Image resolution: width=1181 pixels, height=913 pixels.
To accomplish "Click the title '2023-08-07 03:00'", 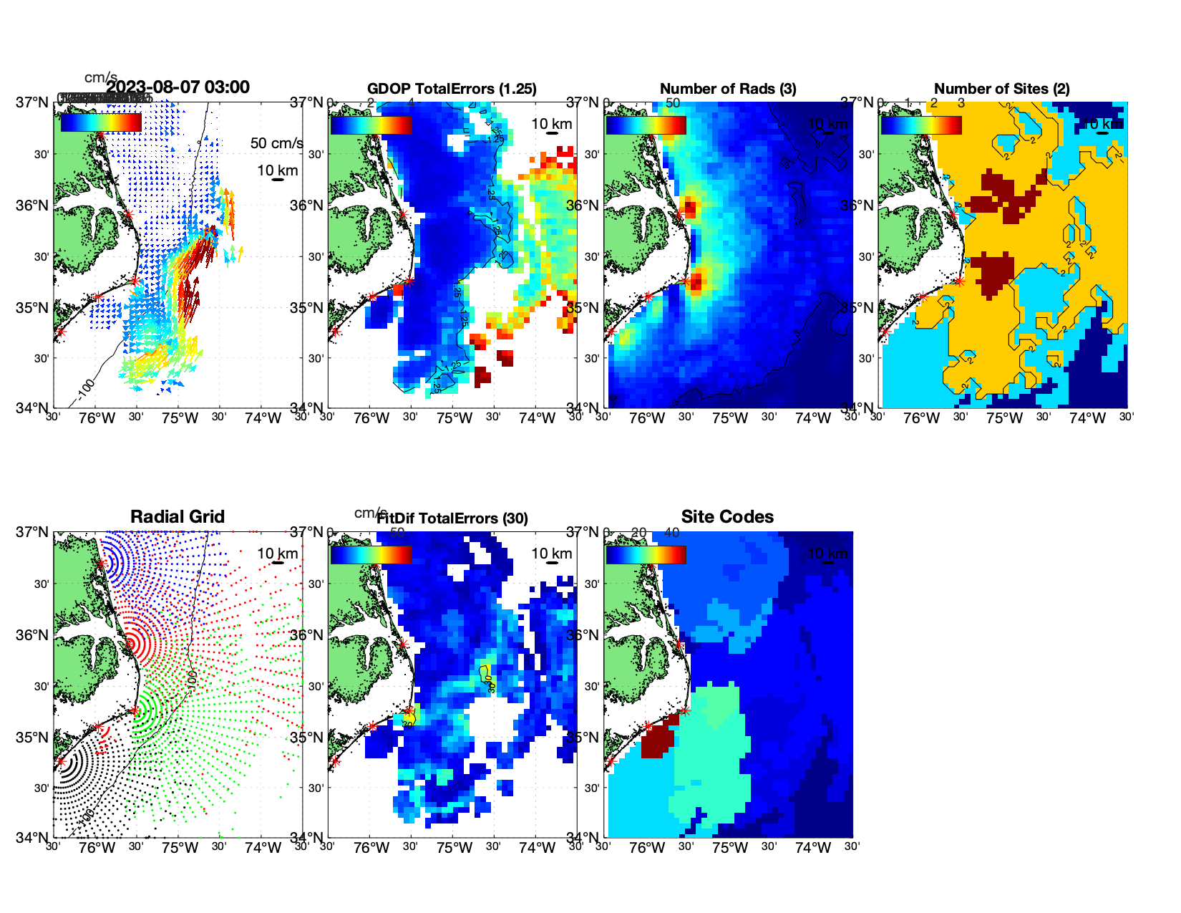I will click(178, 87).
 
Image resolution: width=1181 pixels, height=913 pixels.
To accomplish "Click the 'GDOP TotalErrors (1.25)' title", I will click(452, 89).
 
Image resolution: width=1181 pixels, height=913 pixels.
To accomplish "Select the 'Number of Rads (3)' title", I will click(727, 89).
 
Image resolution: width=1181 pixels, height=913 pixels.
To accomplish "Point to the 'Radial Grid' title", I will click(178, 517).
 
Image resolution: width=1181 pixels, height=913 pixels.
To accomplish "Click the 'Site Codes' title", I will click(727, 517).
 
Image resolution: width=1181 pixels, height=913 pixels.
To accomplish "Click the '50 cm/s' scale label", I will click(276, 143).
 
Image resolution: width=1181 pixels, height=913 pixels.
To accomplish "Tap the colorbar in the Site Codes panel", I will click(646, 554).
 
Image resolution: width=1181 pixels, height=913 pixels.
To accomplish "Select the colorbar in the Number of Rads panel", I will click(646, 125).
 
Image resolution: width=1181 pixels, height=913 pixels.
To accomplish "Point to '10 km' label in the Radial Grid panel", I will click(277, 554).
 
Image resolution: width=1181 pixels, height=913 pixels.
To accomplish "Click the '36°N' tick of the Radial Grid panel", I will click(32, 635).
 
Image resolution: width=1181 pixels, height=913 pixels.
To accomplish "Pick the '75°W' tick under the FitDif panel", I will click(455, 848).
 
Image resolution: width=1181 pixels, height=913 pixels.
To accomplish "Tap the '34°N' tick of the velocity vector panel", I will click(32, 408).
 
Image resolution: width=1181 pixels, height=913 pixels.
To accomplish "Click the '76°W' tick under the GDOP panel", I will click(371, 418).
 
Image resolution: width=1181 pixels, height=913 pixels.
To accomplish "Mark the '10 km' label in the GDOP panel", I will click(551, 124).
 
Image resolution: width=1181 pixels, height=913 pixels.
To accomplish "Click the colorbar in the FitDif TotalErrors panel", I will click(371, 554).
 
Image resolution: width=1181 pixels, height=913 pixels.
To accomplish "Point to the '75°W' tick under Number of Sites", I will click(1004, 418).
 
